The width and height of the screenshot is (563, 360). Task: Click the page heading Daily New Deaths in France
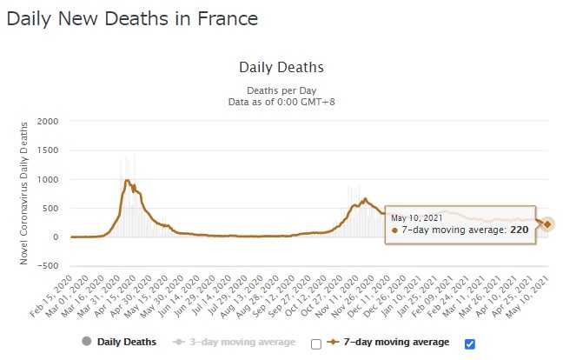132,18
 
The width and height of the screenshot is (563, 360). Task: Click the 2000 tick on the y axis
47,121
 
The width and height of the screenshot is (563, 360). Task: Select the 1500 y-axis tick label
47,150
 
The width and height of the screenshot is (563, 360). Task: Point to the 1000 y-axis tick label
47,179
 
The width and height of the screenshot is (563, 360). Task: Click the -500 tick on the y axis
47,266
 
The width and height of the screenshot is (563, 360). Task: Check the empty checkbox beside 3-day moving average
316,343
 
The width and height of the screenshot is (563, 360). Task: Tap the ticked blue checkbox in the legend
470,343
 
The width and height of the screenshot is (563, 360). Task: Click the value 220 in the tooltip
519,230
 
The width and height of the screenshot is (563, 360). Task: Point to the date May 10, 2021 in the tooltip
417,217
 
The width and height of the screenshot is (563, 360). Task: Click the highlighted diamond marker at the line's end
547,224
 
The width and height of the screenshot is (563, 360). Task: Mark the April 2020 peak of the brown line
127,180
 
